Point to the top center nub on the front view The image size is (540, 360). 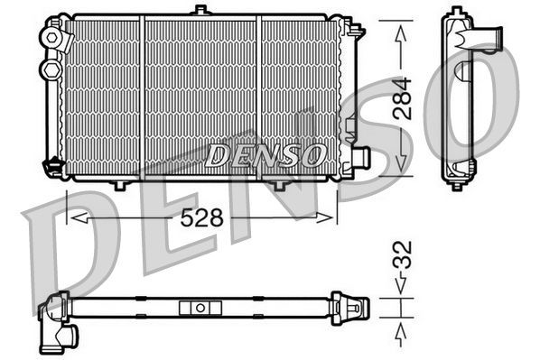click(x=200, y=11)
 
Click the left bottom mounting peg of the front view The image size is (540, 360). click(x=119, y=185)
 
